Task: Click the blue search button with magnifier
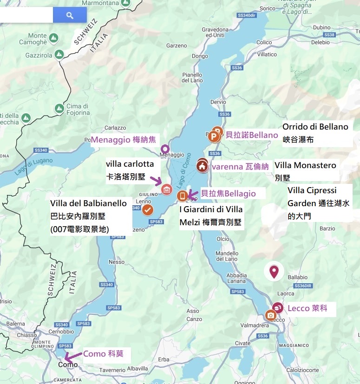click(x=70, y=15)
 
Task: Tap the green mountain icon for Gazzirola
click(x=59, y=54)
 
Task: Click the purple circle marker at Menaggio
click(x=164, y=149)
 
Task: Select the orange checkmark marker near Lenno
click(x=148, y=210)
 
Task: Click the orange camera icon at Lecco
click(x=270, y=316)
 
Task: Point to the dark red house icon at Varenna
click(x=202, y=166)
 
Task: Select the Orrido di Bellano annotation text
click(x=315, y=127)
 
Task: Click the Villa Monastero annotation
click(x=305, y=165)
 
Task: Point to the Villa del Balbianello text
click(x=88, y=203)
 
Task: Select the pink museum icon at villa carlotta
click(x=167, y=189)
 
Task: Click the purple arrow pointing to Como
click(x=72, y=357)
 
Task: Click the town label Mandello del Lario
click(x=227, y=256)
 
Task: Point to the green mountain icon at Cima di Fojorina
click(x=59, y=109)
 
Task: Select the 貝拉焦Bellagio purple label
click(x=228, y=194)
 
